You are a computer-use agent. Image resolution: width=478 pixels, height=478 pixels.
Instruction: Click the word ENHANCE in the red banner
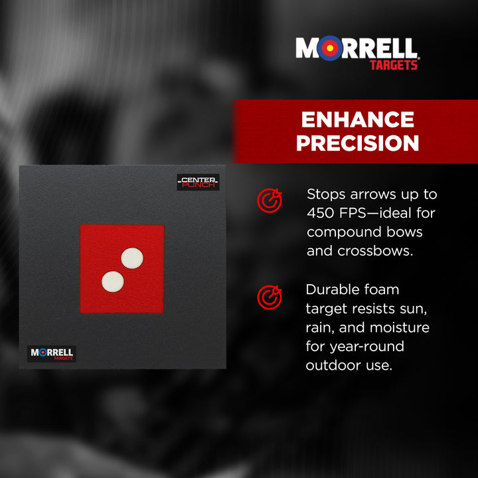(x=357, y=119)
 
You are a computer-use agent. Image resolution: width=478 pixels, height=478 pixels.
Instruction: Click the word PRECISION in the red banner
(x=357, y=143)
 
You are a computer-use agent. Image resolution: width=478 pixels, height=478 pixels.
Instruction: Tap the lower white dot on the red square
(x=113, y=281)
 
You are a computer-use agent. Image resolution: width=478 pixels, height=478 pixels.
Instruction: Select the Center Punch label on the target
(x=198, y=182)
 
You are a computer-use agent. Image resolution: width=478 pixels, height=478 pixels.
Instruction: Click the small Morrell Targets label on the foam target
(x=52, y=354)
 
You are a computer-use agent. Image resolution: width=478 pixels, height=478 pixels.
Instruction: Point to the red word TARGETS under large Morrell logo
(x=394, y=65)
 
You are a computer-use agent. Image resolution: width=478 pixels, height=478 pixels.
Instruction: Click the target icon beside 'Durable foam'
(x=269, y=297)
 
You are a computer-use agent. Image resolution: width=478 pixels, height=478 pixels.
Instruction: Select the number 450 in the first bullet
(x=322, y=214)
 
